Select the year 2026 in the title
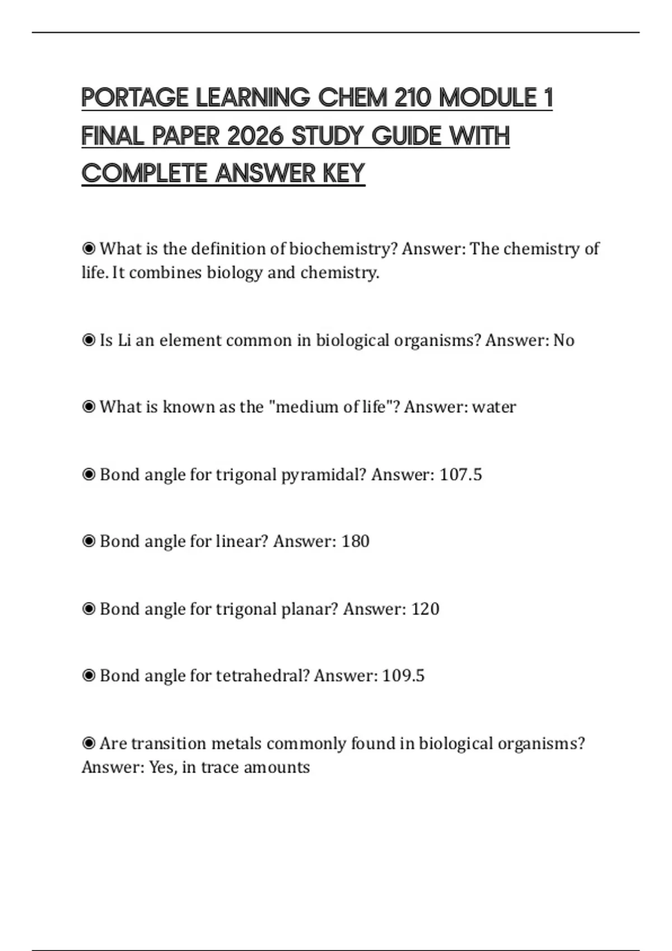pyautogui.click(x=255, y=136)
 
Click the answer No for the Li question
pyautogui.click(x=563, y=341)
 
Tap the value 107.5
pyautogui.click(x=460, y=475)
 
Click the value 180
pyautogui.click(x=355, y=542)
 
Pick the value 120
pyautogui.click(x=425, y=609)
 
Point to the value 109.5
pyautogui.click(x=403, y=676)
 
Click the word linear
pyautogui.click(x=242, y=542)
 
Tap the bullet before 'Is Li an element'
pyautogui.click(x=88, y=340)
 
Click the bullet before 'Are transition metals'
pyautogui.click(x=88, y=743)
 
